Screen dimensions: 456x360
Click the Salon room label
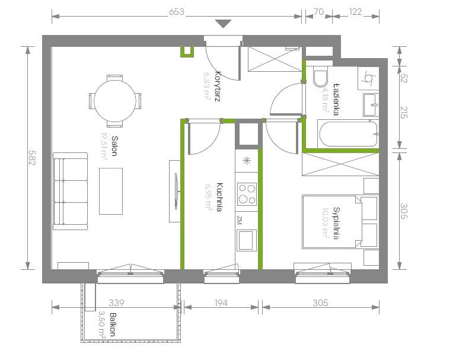point(114,146)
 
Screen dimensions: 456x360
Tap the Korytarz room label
point(217,87)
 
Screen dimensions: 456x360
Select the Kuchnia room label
point(219,197)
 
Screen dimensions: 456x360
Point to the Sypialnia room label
point(336,223)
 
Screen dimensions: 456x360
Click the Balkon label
point(113,324)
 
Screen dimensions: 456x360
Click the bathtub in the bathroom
point(348,134)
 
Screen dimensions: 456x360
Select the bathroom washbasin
point(371,105)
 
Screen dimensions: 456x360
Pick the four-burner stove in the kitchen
point(247,194)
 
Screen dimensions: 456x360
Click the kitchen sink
point(247,240)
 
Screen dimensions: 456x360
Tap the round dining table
point(115,101)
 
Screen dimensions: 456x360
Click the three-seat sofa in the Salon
point(71,191)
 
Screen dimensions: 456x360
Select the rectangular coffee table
point(111,191)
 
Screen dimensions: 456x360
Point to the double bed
point(332,222)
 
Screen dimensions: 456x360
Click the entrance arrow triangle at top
point(223,24)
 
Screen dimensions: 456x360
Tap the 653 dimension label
point(177,12)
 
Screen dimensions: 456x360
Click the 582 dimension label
point(31,158)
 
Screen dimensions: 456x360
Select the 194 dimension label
point(221,303)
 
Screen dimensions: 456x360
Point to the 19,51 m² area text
point(104,146)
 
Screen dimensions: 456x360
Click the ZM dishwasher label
point(240,221)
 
